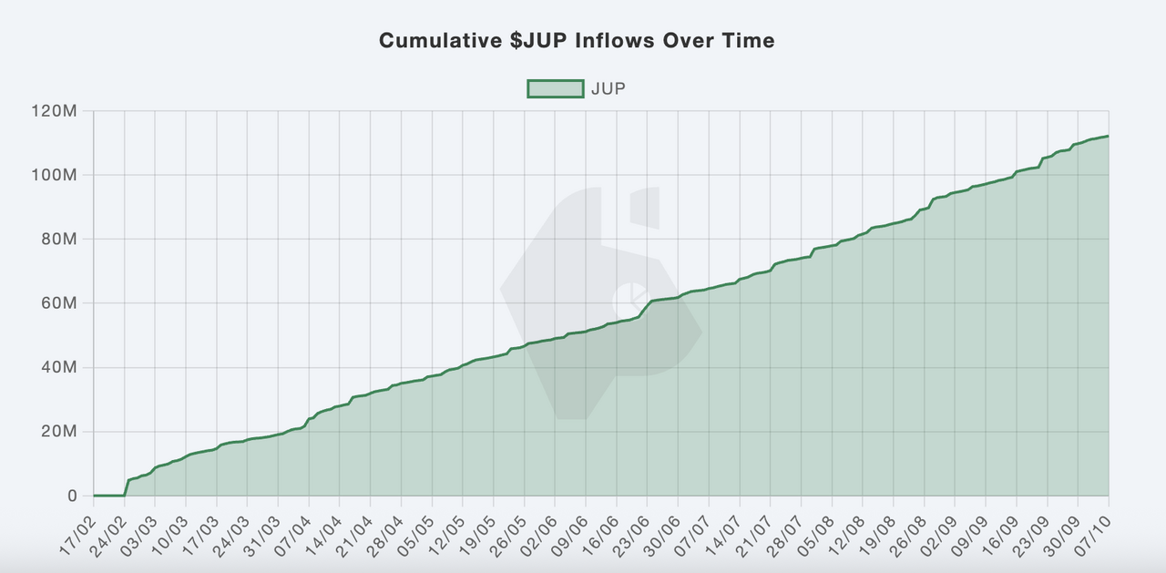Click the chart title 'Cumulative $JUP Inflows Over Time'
(x=577, y=41)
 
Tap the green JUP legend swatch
(x=555, y=88)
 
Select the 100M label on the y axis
(x=58, y=175)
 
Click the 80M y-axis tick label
(x=61, y=240)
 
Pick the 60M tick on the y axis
(x=61, y=303)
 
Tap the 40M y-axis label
(x=61, y=368)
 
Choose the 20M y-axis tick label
(x=61, y=432)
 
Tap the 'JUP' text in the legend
(x=608, y=88)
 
